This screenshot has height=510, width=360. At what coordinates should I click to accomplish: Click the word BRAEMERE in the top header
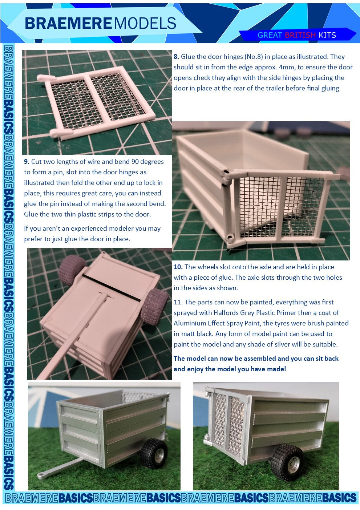(68, 23)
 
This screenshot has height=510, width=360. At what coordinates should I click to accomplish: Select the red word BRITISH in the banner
(300, 35)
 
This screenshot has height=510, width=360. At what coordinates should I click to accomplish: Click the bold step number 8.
(176, 57)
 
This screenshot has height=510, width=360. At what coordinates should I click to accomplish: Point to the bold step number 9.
(27, 162)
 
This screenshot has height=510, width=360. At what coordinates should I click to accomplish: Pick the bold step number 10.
(178, 267)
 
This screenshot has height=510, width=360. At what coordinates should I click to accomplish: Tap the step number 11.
(178, 302)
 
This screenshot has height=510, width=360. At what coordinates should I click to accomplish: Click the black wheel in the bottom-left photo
(154, 452)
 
